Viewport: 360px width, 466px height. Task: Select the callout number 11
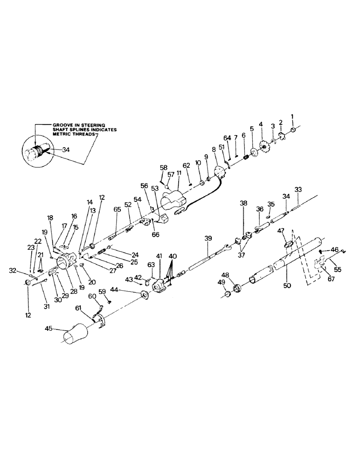tap(179, 179)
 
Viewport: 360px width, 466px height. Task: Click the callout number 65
tap(117, 210)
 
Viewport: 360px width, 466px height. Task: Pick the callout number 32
tap(14, 270)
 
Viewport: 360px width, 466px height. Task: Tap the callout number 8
tap(214, 150)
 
